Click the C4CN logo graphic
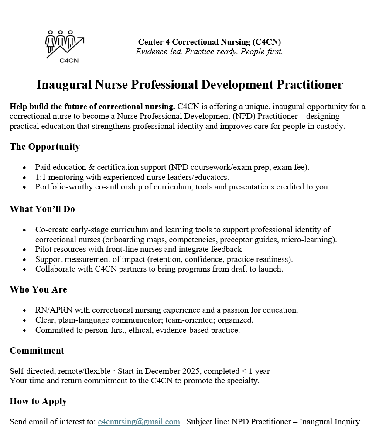click(x=64, y=46)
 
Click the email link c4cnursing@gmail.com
click(x=139, y=422)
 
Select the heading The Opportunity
click(x=44, y=147)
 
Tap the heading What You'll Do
click(x=42, y=209)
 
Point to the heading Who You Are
click(x=38, y=289)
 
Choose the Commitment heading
click(x=37, y=351)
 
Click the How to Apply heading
click(x=38, y=401)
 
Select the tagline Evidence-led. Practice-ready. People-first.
click(x=209, y=52)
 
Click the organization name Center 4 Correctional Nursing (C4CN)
click(x=209, y=42)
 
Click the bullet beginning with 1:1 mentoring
click(x=132, y=177)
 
